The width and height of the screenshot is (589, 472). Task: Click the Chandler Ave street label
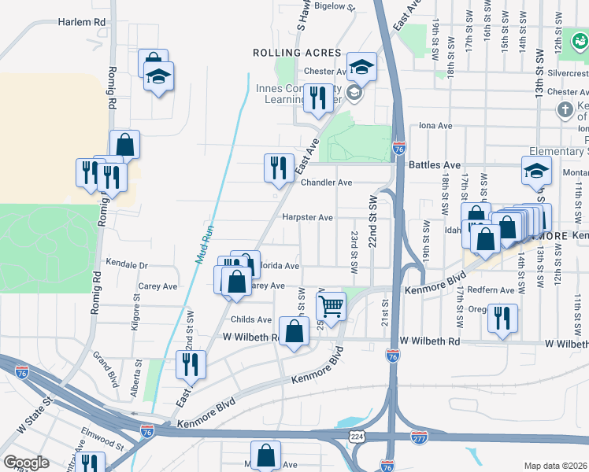point(326,183)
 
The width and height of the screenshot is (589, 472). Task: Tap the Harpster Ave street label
point(308,217)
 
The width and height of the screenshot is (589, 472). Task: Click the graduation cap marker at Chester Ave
point(361,67)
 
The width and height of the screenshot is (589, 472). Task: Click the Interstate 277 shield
point(419,437)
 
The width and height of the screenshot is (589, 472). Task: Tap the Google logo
point(26,462)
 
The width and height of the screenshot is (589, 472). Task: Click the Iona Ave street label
point(435,126)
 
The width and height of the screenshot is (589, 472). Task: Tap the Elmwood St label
point(102,439)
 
